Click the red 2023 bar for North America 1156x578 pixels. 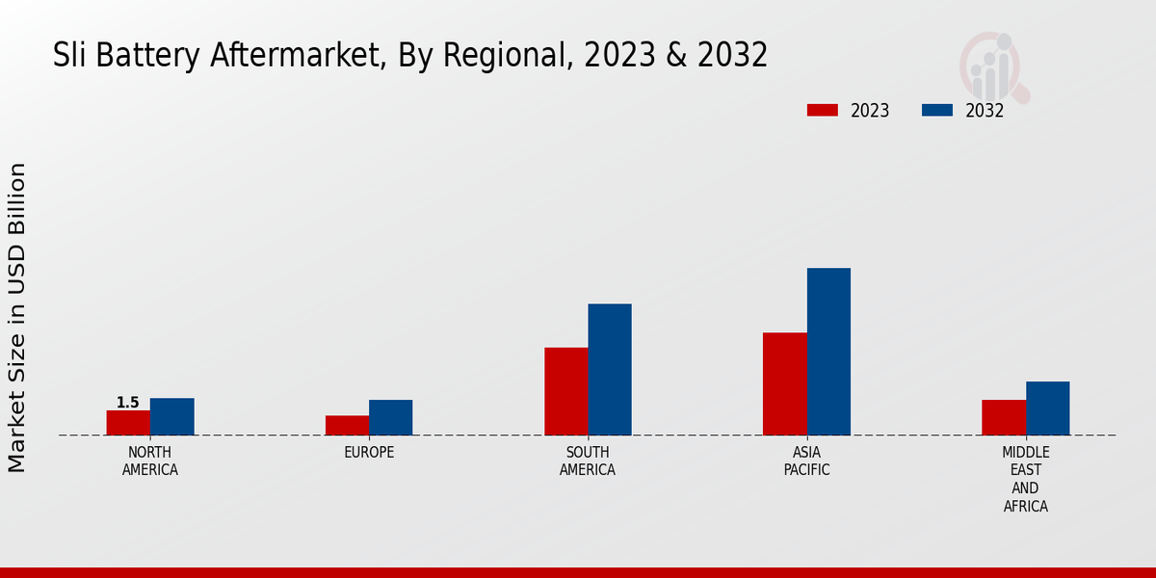128,423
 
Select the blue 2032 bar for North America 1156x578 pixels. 171,416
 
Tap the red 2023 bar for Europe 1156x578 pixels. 347,425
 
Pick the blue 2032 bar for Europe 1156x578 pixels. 390,417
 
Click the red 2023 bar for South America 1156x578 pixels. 565,391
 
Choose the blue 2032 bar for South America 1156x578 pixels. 610,369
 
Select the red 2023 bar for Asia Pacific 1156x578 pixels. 784,383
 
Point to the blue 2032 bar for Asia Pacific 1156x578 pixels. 828,352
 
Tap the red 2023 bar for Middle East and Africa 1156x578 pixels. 1004,417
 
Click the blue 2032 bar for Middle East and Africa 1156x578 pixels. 1047,408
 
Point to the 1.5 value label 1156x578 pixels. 128,403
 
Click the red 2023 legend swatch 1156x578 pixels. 823,110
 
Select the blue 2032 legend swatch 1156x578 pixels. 937,110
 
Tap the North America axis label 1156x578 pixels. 150,461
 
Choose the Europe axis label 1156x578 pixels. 369,453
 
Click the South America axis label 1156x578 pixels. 588,461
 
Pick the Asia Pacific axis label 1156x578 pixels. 807,461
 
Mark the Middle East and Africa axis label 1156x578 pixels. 1026,479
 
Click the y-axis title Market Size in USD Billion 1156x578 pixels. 17,318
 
